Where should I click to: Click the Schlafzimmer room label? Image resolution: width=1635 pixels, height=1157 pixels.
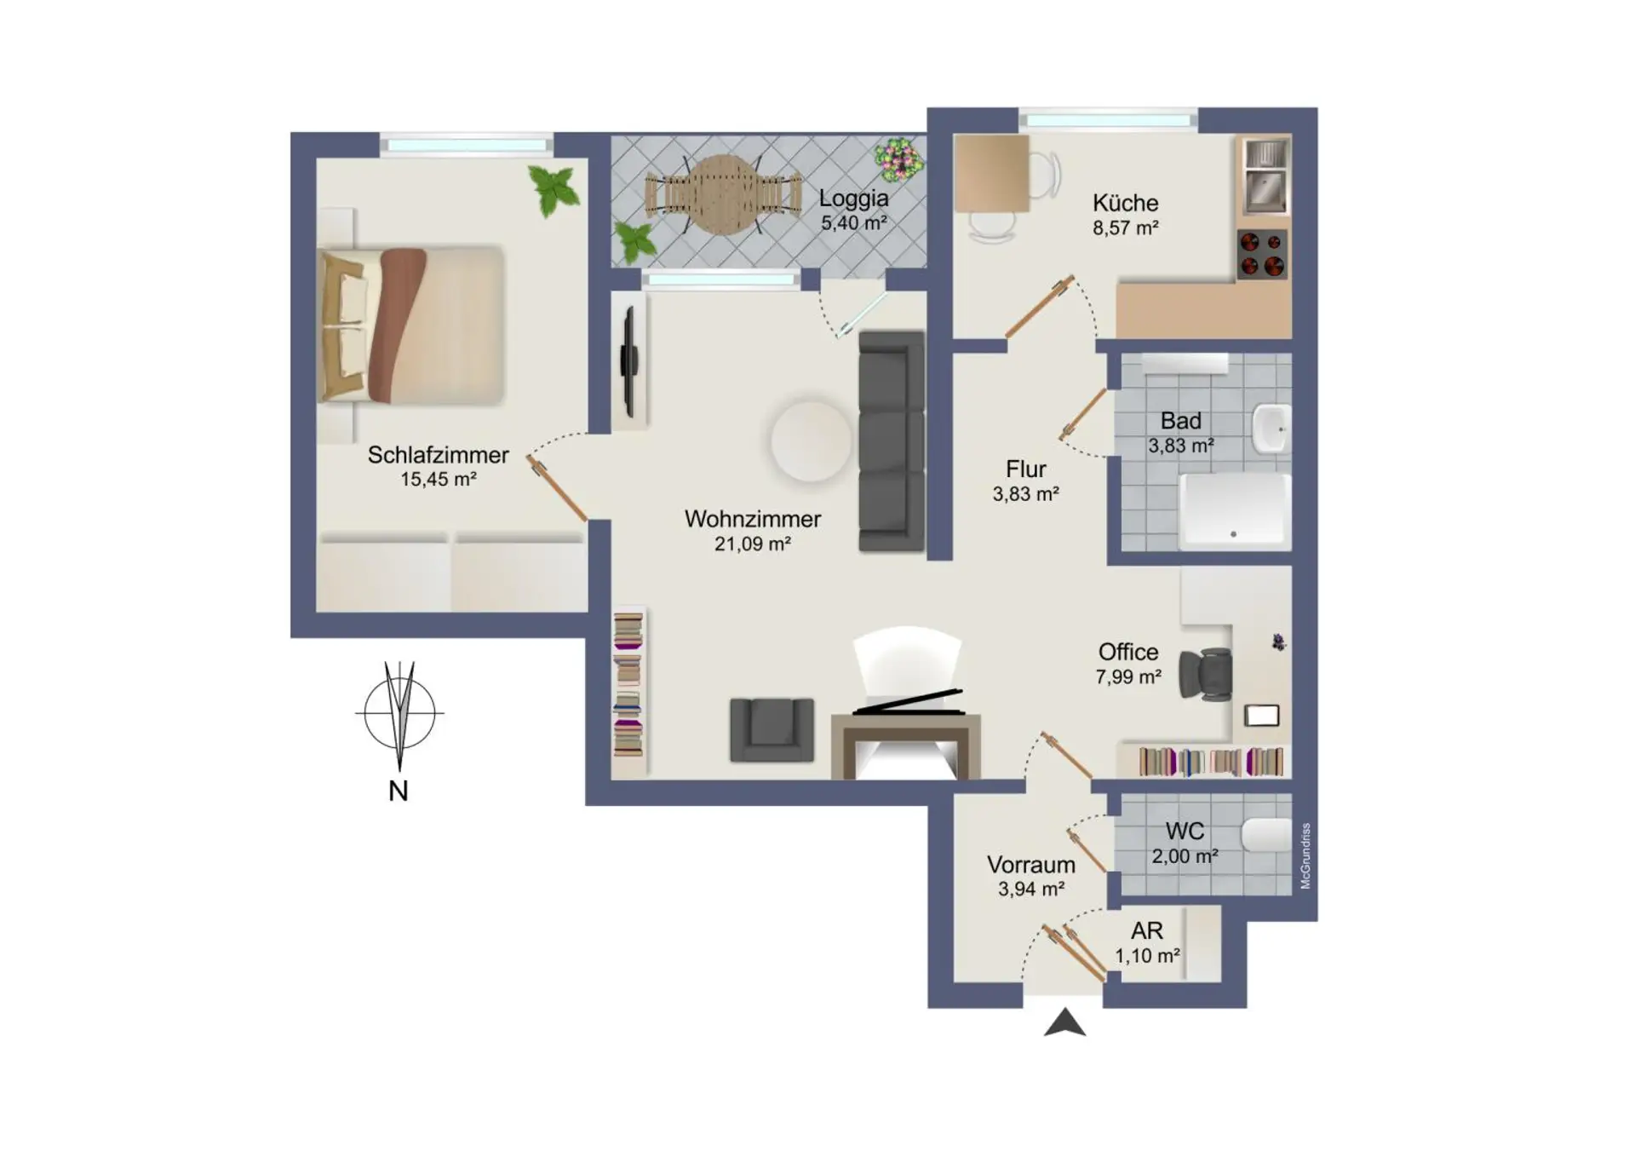pos(438,455)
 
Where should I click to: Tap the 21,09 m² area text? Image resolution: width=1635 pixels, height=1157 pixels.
pos(753,544)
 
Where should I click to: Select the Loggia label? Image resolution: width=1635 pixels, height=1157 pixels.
pos(853,199)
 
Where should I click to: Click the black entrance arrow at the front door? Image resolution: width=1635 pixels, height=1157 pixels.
pos(1064,1022)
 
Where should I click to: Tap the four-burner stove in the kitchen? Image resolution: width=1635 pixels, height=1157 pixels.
pos(1262,254)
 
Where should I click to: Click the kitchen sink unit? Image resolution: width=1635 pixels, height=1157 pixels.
pos(1266,177)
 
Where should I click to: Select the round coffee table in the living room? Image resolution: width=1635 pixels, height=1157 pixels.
pos(811,440)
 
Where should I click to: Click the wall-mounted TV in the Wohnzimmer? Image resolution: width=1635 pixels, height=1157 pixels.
pos(629,361)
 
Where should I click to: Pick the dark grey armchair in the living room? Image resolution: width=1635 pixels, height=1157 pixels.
pos(772,729)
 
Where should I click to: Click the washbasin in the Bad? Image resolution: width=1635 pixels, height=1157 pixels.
pos(1271,429)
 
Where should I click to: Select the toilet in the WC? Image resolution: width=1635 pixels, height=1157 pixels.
pos(1267,836)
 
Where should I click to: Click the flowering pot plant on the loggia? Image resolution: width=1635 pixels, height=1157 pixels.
pos(898,159)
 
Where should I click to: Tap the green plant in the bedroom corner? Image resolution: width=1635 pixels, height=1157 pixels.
pos(554,189)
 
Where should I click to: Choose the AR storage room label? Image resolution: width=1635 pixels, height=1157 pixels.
pos(1147,931)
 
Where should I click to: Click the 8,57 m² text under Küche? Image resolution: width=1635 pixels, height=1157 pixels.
pos(1126,228)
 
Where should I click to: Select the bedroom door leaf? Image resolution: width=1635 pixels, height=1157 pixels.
pos(557,489)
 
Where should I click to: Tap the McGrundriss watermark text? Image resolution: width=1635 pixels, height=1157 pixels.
pos(1306,856)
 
